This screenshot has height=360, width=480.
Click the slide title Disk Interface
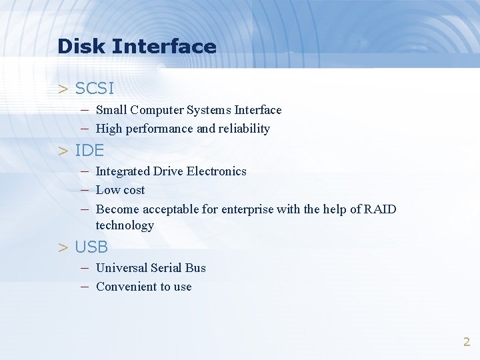tap(137, 47)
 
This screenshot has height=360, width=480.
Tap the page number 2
tap(467, 342)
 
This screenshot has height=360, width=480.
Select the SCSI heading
tap(94, 88)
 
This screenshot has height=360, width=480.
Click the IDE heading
tap(89, 150)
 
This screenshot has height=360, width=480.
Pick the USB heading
tap(91, 247)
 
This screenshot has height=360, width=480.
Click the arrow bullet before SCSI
tap(63, 89)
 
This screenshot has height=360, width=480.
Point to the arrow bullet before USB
tap(63, 248)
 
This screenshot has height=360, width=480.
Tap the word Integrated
tap(123, 171)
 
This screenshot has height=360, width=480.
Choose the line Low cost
tap(120, 190)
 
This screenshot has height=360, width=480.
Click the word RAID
tap(380, 209)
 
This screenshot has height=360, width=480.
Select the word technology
tap(125, 225)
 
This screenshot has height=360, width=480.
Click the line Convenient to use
tap(143, 287)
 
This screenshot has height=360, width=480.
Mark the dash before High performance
tap(85, 129)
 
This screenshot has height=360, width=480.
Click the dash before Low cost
tap(85, 190)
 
